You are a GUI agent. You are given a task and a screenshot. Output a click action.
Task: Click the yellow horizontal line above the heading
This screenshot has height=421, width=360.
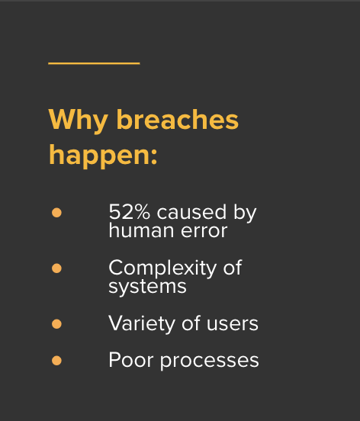coord(94,63)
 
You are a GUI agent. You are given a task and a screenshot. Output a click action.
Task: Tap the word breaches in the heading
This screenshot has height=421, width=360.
coord(178,119)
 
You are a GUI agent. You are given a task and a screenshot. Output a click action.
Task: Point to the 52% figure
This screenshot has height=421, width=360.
coord(130,212)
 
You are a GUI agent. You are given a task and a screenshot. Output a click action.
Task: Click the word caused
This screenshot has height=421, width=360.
coord(191,211)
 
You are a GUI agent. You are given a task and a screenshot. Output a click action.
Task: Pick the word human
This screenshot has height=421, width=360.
coord(141,230)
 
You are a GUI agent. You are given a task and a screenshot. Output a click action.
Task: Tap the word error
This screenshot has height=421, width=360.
coord(204,231)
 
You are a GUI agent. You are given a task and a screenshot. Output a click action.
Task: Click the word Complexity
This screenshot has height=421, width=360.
coord(162,268)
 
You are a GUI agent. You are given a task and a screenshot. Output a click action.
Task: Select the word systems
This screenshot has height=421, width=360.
coord(147,288)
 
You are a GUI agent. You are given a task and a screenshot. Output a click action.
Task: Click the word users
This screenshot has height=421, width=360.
coord(233,324)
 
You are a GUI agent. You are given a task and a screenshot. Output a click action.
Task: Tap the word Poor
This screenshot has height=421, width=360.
coord(131,360)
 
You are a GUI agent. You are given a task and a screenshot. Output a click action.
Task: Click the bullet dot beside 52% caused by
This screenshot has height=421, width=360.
coord(56,213)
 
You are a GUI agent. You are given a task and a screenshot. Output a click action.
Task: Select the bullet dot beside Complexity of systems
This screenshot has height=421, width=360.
coord(56,268)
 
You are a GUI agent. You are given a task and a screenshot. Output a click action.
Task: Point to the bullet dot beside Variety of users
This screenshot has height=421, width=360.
coord(56,324)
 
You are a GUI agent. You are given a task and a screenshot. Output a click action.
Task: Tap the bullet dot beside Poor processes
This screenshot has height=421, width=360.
coord(56,361)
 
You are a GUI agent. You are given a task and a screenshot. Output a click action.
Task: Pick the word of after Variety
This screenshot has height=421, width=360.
coord(191,323)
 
